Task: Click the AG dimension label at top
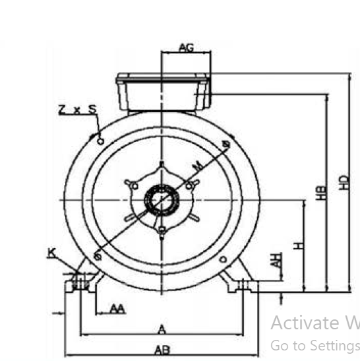tap(186, 48)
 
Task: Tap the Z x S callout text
tap(77, 110)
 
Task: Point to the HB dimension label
tap(321, 193)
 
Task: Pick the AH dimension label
tap(278, 259)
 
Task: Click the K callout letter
tap(51, 252)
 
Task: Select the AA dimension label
tap(117, 309)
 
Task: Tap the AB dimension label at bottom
tap(162, 350)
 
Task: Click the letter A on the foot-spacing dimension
tap(162, 329)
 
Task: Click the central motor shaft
tap(161, 199)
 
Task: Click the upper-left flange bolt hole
tap(100, 141)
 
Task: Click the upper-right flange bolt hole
tap(225, 143)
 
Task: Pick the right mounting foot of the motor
tap(241, 280)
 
